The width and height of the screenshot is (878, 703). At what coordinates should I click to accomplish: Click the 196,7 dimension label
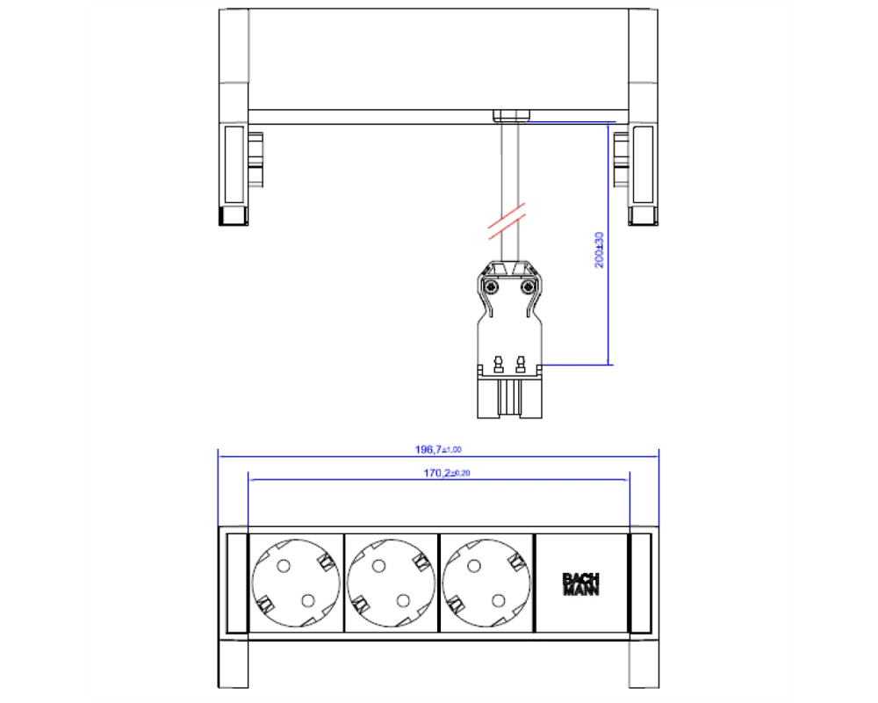point(438,450)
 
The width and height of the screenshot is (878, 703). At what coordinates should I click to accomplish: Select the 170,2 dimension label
point(446,473)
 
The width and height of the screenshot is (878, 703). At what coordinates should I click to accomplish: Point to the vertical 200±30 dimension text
point(599,250)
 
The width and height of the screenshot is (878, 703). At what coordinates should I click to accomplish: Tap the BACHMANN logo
point(580,584)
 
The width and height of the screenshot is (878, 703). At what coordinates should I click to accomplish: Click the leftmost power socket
point(296,583)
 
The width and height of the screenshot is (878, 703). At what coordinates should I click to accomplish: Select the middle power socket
point(391,583)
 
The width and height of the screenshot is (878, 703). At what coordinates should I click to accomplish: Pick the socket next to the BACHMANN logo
point(486,583)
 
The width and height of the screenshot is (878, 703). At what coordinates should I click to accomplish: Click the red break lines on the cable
point(507,221)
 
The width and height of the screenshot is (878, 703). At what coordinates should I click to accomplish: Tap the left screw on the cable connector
point(491,287)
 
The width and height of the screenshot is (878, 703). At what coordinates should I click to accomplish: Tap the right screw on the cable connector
point(527,287)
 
